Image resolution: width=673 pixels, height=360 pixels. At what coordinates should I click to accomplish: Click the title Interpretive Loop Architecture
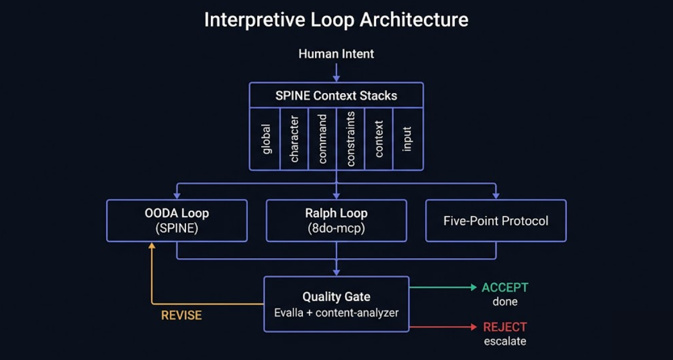(336, 20)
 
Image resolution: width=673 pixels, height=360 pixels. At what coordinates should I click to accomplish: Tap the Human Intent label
(336, 54)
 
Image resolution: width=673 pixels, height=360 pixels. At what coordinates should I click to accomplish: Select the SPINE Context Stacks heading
(336, 95)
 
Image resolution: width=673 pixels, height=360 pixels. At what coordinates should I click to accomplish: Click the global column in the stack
(266, 139)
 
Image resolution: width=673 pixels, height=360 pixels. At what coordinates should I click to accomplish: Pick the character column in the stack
(294, 139)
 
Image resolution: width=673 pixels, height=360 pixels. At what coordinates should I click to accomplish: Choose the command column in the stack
(323, 139)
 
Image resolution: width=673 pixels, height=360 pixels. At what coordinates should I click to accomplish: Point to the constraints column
(350, 139)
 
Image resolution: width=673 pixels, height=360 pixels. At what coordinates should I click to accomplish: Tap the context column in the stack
(379, 139)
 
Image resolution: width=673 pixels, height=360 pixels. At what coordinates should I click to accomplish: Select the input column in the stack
(407, 139)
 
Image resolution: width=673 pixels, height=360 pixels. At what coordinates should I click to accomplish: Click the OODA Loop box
(177, 221)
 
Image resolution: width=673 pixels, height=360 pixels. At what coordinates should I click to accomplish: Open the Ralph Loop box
(336, 221)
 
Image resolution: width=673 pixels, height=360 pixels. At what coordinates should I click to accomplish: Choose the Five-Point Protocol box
(496, 221)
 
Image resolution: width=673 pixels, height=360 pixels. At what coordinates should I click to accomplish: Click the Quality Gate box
(336, 304)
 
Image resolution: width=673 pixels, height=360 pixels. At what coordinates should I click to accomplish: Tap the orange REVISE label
(181, 315)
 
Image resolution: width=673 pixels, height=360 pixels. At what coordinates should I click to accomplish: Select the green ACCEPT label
(504, 288)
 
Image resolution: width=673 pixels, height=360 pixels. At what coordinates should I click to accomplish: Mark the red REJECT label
(504, 327)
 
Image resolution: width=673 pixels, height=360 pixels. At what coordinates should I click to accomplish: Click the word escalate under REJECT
(504, 341)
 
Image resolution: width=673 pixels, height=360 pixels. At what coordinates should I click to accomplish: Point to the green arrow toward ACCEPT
(443, 287)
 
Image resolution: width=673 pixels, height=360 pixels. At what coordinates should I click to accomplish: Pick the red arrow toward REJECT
(443, 327)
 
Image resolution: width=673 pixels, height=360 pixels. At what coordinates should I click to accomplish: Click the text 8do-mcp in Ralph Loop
(336, 228)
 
